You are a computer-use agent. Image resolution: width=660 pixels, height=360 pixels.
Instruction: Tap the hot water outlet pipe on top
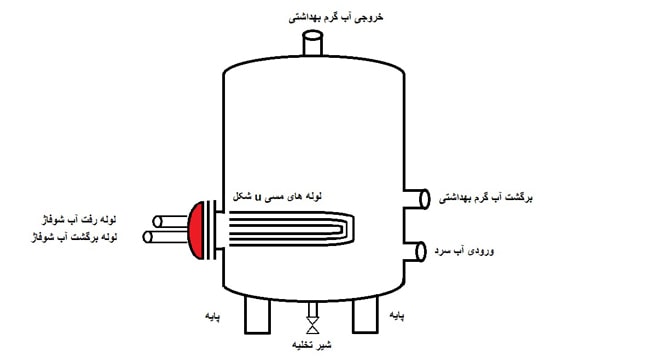point(314,45)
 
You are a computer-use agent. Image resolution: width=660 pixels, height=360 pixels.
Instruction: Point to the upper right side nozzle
point(415,198)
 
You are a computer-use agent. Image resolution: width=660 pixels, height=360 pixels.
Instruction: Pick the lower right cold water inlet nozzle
point(415,249)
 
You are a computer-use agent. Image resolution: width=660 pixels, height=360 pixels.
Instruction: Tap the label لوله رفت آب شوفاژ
point(80,218)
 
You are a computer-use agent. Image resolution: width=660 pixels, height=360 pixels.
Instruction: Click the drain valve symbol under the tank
point(313,326)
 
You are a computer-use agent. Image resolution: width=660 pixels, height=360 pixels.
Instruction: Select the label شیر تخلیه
point(313,346)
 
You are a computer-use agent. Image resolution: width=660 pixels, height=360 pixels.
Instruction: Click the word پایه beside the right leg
point(398,316)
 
